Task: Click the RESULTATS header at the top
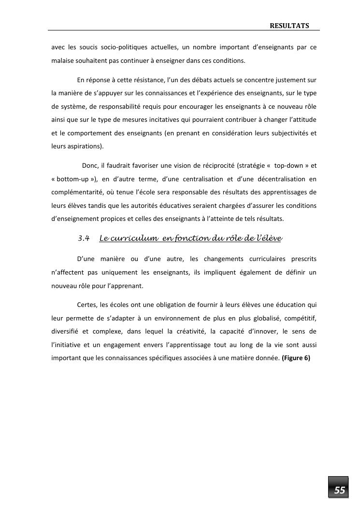coord(289,25)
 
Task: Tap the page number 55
coord(340,490)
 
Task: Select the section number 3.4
coord(84,238)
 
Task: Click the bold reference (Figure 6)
coord(296,358)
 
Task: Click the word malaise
coord(62,61)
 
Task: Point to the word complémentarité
coord(77,192)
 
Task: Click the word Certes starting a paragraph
coord(86,305)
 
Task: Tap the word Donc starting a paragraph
coord(90,165)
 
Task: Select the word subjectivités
coord(289,132)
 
